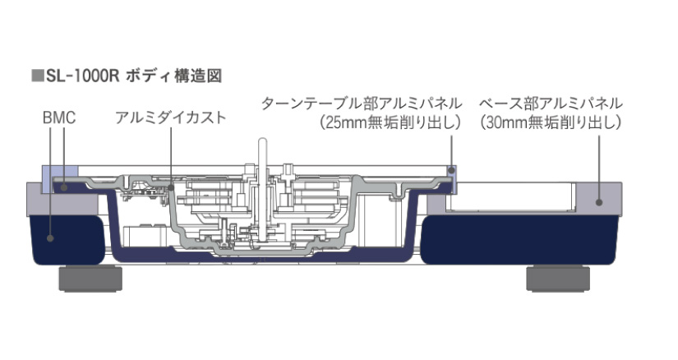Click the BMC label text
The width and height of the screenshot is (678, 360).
coord(59,118)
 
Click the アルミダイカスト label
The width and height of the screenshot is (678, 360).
coord(170,118)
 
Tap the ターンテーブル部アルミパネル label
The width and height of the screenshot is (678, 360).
coord(362,104)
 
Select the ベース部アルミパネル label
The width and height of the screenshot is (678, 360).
coord(551,104)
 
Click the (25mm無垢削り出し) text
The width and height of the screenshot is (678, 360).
coord(390,123)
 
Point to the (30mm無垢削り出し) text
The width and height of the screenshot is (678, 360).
coord(551,123)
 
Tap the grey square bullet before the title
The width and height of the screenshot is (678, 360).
coord(38,76)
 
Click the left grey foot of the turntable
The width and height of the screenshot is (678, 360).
coord(90,279)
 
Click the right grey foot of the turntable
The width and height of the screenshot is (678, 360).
coord(558,279)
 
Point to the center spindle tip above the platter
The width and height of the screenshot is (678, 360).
coord(262,141)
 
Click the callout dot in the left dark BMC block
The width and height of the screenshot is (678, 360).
coord(50,238)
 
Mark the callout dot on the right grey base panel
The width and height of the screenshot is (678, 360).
coord(599,202)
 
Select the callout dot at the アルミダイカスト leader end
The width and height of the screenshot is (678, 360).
coord(171,187)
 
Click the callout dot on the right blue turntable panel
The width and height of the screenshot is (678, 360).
coord(452,170)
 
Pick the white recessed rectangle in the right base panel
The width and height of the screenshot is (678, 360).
coord(510,197)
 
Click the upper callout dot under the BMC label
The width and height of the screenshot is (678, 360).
coord(64,187)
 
